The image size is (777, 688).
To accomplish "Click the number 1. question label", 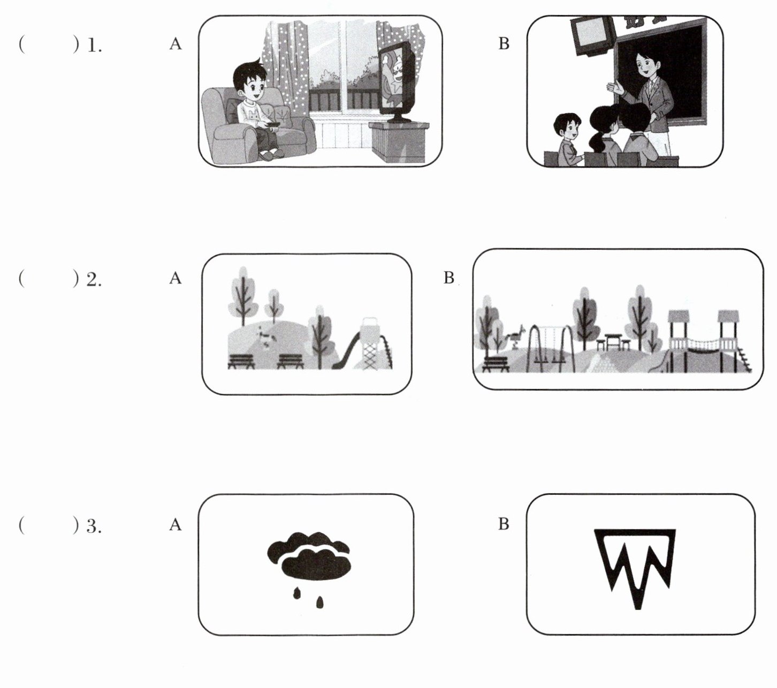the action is coord(94,45).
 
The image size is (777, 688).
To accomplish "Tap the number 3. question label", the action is coord(94,526).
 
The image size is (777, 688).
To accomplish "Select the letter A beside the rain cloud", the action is coord(176,525).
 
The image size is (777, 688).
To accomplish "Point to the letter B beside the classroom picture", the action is coord(504,44).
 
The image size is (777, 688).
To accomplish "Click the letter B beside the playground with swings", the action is coord(449,278).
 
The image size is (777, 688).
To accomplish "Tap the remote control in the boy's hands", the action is coord(273,124).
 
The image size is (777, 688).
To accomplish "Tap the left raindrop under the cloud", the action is coord(296,594).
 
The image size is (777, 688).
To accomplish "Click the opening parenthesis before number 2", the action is coord(21,278).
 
